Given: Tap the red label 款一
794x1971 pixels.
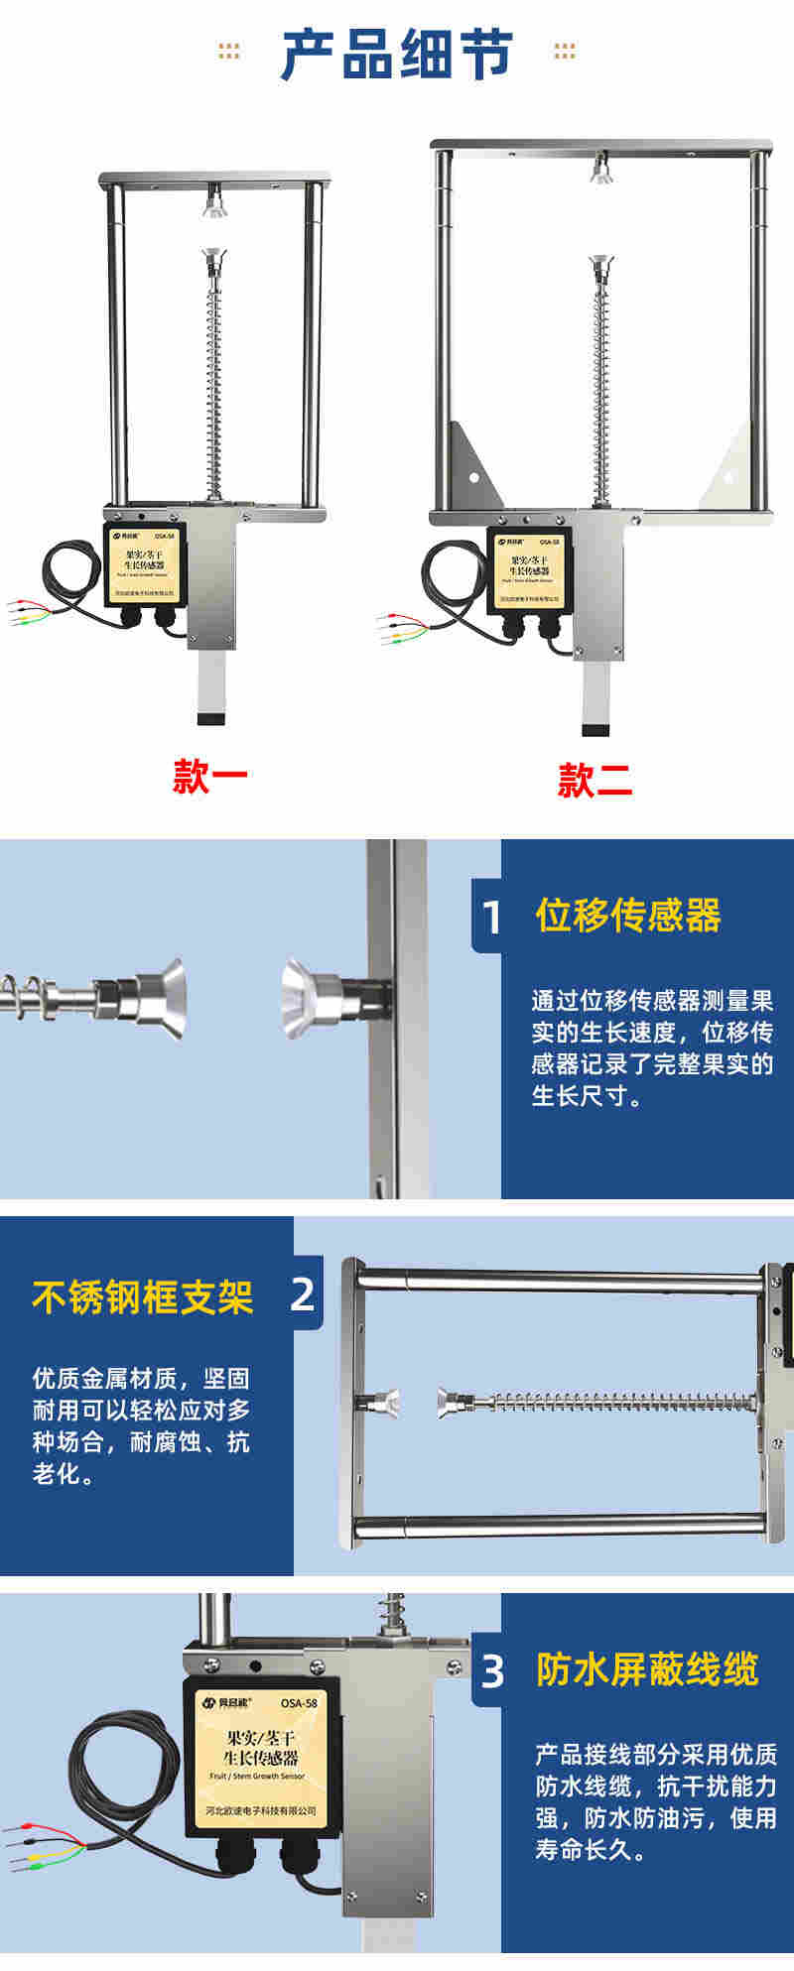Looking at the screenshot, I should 210,777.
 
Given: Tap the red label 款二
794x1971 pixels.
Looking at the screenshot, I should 595,781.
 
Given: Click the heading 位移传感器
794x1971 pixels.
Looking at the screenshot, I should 628,916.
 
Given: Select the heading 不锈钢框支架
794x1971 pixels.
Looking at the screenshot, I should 143,1296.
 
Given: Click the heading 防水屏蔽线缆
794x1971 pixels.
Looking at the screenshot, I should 647,1669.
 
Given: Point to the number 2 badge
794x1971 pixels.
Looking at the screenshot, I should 304,1294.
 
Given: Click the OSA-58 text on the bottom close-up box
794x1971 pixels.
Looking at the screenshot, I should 299,1703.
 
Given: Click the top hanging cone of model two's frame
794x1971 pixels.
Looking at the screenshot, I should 598,171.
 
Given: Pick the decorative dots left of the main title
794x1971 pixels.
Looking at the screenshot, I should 229,52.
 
